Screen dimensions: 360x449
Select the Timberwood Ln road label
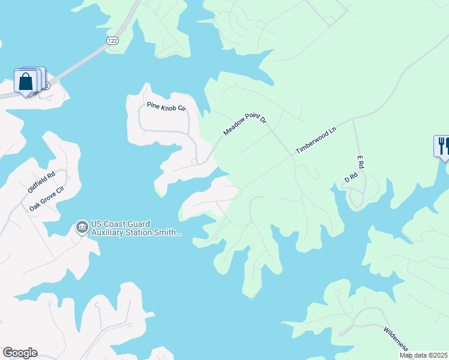pyautogui.click(x=315, y=141)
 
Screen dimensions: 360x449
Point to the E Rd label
pyautogui.click(x=361, y=163)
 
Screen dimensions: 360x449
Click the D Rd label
pyautogui.click(x=351, y=178)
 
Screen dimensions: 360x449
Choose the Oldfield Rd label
pyautogui.click(x=41, y=182)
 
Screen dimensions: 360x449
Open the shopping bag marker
pyautogui.click(x=26, y=81)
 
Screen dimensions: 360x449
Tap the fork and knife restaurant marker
pyautogui.click(x=443, y=146)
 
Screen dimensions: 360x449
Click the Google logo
pyautogui.click(x=20, y=353)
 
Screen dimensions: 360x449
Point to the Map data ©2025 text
pyautogui.click(x=423, y=355)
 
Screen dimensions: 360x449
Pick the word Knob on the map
pyautogui.click(x=169, y=107)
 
